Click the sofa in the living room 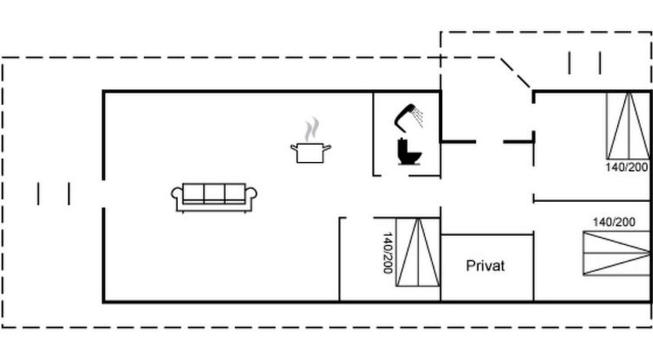pyautogui.click(x=215, y=196)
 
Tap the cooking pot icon pyautogui.click(x=311, y=151)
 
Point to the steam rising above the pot pyautogui.click(x=312, y=128)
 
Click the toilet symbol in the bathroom pyautogui.click(x=409, y=152)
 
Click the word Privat pyautogui.click(x=485, y=266)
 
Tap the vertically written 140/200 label pyautogui.click(x=388, y=252)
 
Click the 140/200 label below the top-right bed pyautogui.click(x=627, y=167)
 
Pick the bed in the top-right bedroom pyautogui.click(x=627, y=125)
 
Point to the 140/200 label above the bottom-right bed pyautogui.click(x=614, y=222)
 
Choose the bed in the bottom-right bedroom pyautogui.click(x=617, y=253)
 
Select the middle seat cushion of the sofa pyautogui.click(x=215, y=193)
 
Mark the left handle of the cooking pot pyautogui.click(x=294, y=146)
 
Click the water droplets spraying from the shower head pyautogui.click(x=420, y=117)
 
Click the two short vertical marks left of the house pyautogui.click(x=53, y=193)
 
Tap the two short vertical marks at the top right pyautogui.click(x=585, y=63)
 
